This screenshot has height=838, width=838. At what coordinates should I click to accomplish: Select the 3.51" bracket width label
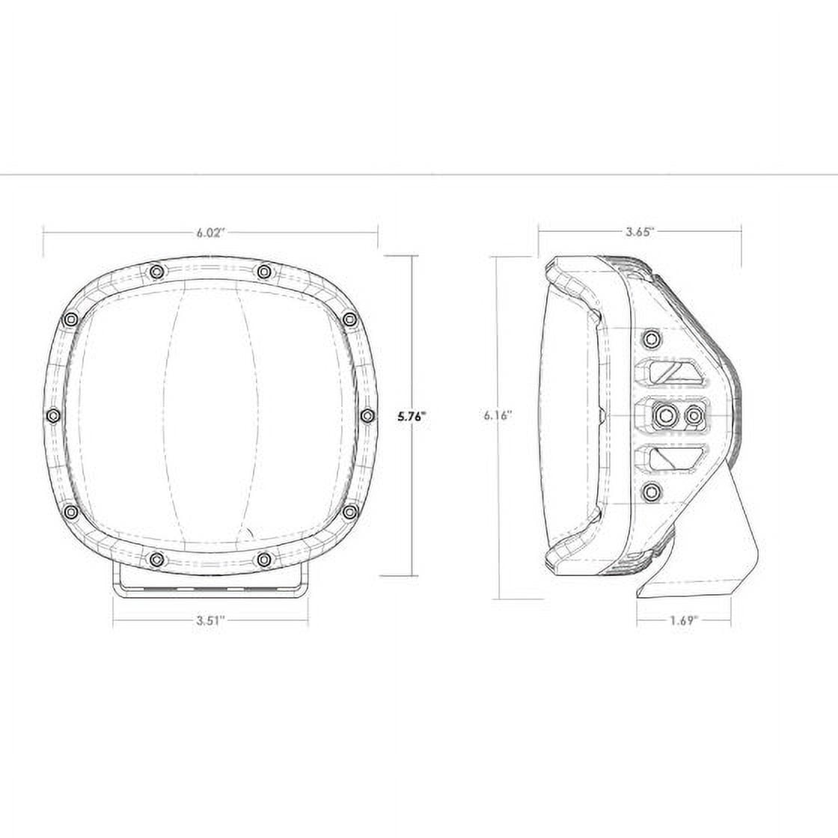click(210, 620)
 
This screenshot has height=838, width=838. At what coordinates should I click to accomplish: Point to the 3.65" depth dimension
click(640, 232)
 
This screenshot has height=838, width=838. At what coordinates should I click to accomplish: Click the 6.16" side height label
click(498, 415)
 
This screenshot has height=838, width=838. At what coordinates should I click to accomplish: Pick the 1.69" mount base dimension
click(684, 620)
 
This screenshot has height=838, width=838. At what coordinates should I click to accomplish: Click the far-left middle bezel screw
click(53, 415)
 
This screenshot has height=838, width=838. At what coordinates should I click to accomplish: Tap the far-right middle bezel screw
click(367, 415)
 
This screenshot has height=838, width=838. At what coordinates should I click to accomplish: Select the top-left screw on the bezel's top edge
click(156, 272)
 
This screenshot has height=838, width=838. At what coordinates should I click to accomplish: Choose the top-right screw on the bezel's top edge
click(263, 272)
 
